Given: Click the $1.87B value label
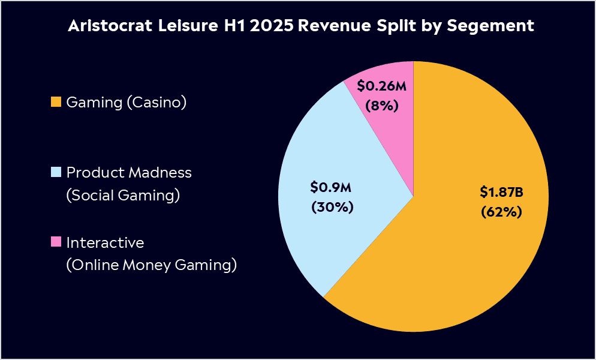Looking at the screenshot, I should (x=502, y=192).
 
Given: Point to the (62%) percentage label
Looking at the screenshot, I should (x=502, y=212).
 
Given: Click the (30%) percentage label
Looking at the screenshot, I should (x=331, y=207).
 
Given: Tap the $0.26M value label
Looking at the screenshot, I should (x=382, y=86).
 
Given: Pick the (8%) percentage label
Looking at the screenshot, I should (x=382, y=106).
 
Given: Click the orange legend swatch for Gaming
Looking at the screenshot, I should (x=56, y=103).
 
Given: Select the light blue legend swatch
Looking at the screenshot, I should (x=56, y=173).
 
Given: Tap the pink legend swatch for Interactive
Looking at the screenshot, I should (x=56, y=242).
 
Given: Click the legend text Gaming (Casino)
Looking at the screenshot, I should (x=127, y=103).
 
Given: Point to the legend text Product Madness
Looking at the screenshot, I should (x=129, y=173).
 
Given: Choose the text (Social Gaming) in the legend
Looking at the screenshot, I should (x=123, y=196).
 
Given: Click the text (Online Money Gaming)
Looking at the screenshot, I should (x=151, y=265).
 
